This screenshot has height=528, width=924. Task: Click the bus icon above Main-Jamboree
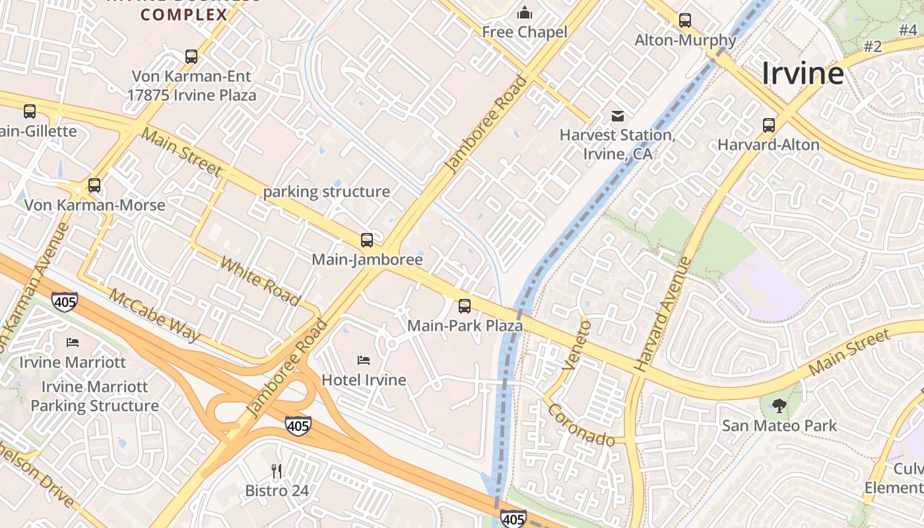(367, 240)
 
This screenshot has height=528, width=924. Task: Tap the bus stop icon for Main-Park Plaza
(465, 306)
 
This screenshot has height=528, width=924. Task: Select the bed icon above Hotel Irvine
(364, 360)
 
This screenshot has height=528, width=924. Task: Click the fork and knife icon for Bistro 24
(277, 471)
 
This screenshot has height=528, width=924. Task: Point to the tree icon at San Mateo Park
(779, 406)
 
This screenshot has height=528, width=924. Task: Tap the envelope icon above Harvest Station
(618, 117)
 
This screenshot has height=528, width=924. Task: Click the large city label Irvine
(803, 73)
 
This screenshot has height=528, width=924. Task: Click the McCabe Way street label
(154, 315)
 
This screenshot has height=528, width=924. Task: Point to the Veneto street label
(576, 345)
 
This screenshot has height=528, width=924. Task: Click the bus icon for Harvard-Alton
(769, 125)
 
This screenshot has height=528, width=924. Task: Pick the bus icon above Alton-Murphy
(685, 20)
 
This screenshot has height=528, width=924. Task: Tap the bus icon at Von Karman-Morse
(94, 185)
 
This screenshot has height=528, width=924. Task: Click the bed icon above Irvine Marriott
(73, 343)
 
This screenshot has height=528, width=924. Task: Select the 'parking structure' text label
(327, 192)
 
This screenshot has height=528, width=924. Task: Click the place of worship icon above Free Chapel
(525, 13)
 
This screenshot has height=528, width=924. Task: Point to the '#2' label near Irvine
(873, 46)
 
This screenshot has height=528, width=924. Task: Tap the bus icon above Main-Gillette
(30, 112)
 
